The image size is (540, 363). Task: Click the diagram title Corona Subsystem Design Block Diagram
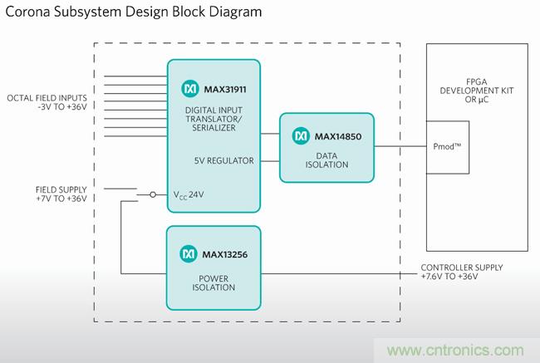[x=132, y=12]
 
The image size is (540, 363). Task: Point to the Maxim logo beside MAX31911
[x=187, y=86]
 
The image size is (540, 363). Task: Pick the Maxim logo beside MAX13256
[x=187, y=251]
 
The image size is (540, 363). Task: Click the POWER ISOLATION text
[x=214, y=281]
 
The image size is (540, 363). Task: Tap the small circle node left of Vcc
[x=152, y=195]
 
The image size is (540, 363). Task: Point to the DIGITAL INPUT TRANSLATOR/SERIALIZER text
[x=214, y=120]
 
